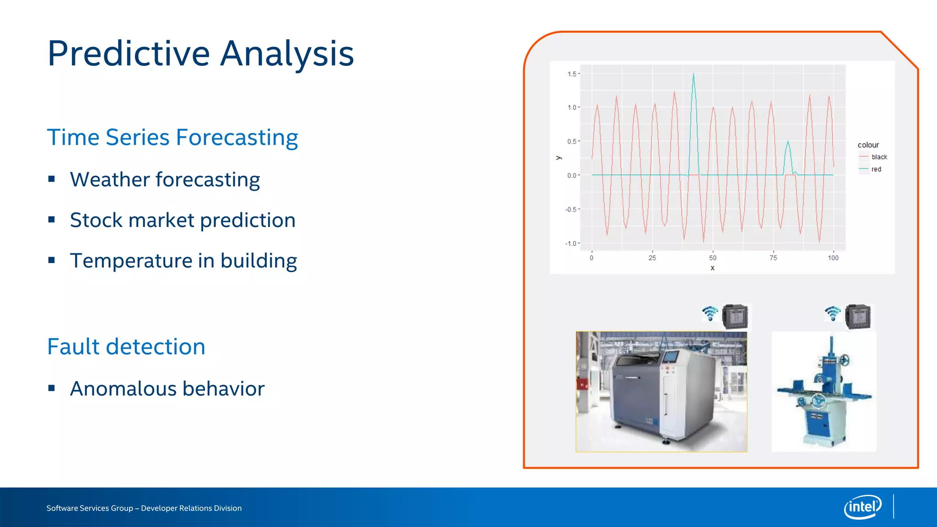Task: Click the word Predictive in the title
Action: (x=129, y=54)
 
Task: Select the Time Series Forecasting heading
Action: (x=172, y=137)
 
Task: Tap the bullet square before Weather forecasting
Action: (x=52, y=179)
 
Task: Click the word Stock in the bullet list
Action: (x=96, y=220)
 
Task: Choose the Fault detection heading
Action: (x=126, y=346)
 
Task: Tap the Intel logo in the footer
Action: (x=862, y=507)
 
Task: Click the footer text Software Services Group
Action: (x=90, y=508)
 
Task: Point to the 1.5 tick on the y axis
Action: (x=572, y=74)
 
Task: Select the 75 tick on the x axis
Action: (x=773, y=258)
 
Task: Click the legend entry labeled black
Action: (x=879, y=157)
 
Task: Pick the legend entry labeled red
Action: (x=876, y=169)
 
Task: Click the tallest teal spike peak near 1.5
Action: (x=694, y=75)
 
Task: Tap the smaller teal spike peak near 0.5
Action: (x=788, y=142)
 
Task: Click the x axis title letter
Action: (x=712, y=268)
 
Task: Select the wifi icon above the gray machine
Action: (x=710, y=314)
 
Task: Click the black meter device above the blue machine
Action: (x=858, y=317)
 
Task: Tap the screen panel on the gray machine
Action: (x=670, y=357)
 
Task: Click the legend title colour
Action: (x=868, y=145)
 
